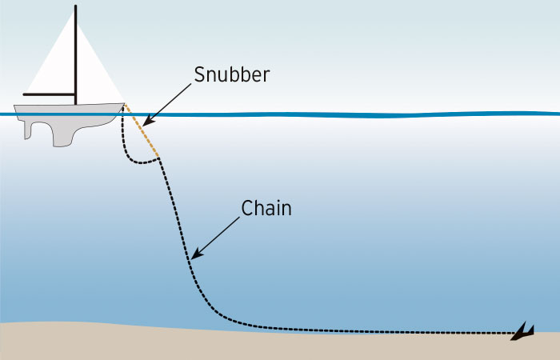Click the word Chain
coord(267,209)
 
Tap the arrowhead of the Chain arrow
coord(193,258)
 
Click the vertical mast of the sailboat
coord(76,56)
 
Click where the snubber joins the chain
coord(159,158)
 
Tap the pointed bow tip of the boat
coord(125,104)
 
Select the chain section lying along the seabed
coord(360,330)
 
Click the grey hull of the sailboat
coord(72,112)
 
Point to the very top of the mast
coord(76,6)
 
